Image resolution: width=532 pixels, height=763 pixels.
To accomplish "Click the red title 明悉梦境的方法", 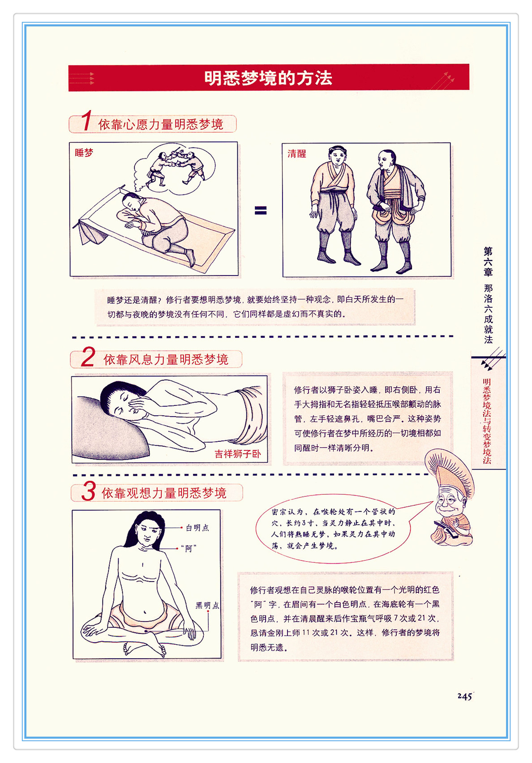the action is coord(268,78).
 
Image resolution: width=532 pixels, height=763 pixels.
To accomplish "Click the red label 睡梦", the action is coord(84,153).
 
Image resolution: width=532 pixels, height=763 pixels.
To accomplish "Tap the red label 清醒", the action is coord(296,154).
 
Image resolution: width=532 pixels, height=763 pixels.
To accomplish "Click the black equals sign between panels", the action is coord(260,211).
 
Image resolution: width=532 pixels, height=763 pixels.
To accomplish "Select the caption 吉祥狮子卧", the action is coord(237,454).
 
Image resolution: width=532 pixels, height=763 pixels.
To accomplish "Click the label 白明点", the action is coord(197,528).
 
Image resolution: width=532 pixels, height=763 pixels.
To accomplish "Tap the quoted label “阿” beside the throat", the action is coord(188,548).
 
